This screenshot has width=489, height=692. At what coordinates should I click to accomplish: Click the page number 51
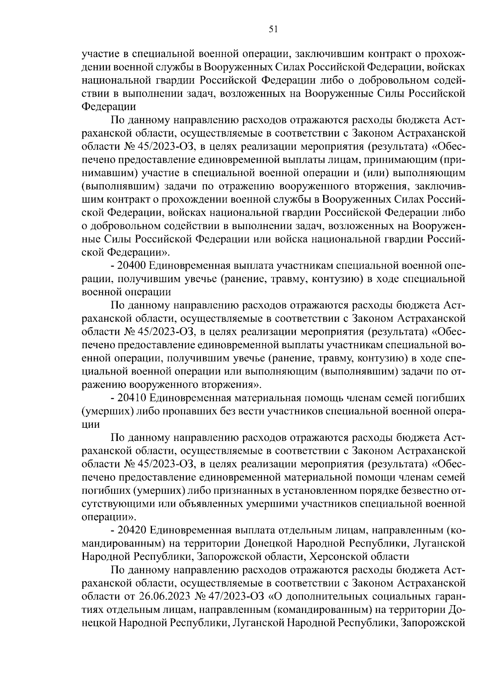click(273, 29)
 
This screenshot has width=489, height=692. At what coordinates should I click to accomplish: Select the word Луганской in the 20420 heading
click(442, 544)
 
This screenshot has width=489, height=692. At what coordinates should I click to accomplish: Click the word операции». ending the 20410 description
click(109, 517)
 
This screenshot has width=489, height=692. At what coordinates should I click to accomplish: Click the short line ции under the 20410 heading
click(90, 424)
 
